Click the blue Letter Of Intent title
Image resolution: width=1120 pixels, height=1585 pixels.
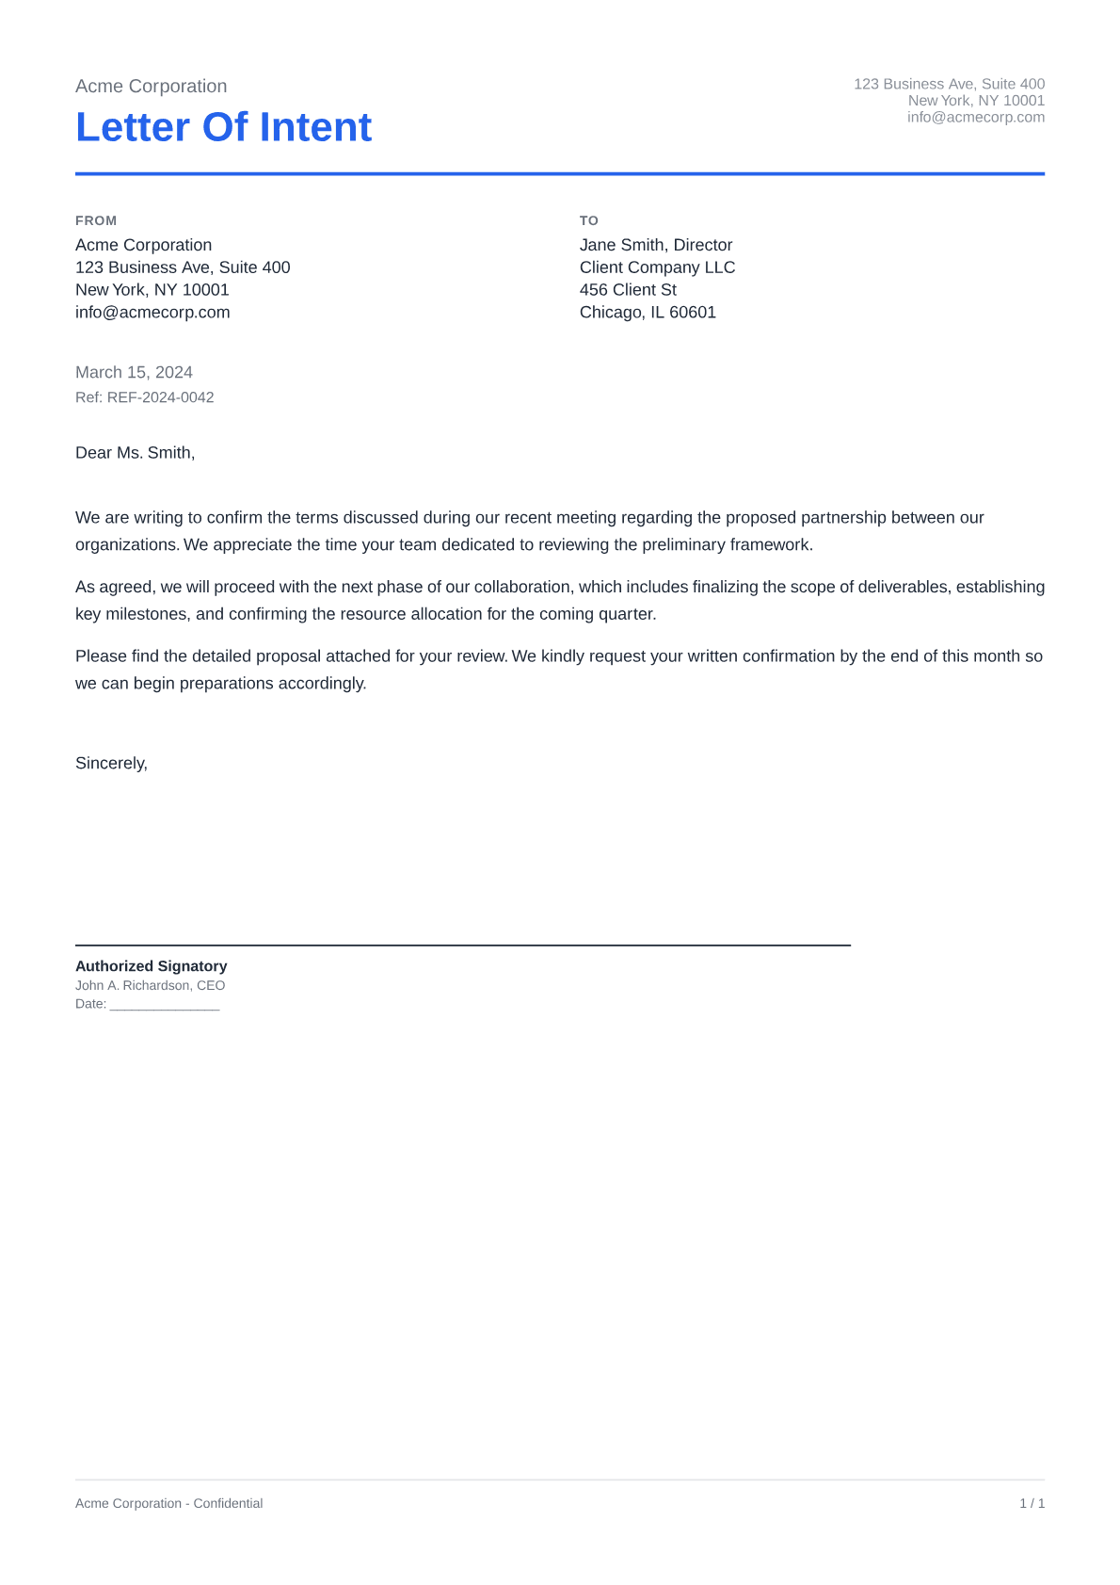[223, 127]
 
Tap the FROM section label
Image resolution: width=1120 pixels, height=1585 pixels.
[96, 220]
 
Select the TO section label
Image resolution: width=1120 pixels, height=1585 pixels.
[588, 220]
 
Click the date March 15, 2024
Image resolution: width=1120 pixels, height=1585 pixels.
[134, 372]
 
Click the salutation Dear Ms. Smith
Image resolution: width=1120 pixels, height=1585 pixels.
[135, 453]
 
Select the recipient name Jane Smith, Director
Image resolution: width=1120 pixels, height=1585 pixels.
[655, 245]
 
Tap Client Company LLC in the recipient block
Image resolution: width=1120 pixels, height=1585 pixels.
[657, 267]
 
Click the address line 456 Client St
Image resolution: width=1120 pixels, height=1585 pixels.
[628, 290]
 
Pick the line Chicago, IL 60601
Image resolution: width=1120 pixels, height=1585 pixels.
[648, 313]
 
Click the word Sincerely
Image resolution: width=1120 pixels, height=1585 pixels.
[111, 764]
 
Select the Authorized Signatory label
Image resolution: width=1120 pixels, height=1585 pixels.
[151, 966]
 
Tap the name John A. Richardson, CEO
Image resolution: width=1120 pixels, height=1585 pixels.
[150, 985]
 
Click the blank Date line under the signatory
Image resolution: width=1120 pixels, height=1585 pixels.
[165, 1005]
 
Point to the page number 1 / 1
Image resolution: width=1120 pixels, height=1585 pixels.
[1032, 1503]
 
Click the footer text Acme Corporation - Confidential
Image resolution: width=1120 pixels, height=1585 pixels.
[168, 1503]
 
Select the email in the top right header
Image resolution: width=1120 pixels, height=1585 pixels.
[975, 118]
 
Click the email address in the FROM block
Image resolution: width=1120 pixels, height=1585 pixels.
[152, 313]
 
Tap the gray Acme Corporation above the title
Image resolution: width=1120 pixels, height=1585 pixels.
[151, 87]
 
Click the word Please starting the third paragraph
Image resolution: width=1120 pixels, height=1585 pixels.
[101, 656]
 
